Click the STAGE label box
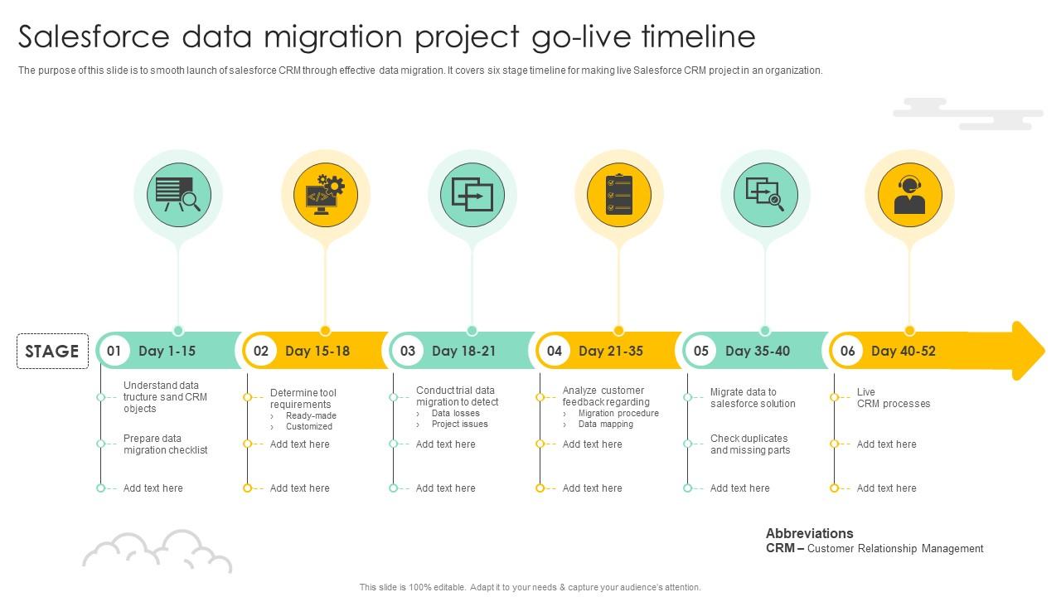click(x=52, y=351)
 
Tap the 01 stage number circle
click(x=114, y=351)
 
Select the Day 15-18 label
click(x=317, y=351)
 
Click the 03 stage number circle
click(x=407, y=351)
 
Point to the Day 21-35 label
click(x=611, y=351)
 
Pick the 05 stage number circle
click(x=701, y=351)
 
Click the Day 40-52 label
click(x=904, y=351)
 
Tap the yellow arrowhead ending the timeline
click(x=1028, y=351)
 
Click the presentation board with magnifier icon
click(x=178, y=195)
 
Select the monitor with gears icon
click(x=326, y=195)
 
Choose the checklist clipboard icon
click(x=619, y=195)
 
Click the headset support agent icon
click(x=909, y=195)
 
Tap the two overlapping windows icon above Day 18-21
click(x=472, y=195)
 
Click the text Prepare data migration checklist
click(x=165, y=444)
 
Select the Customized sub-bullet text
click(x=309, y=426)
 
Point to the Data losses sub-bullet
click(x=456, y=413)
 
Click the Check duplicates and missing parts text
click(x=750, y=444)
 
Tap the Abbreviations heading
click(x=810, y=533)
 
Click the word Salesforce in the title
click(x=94, y=36)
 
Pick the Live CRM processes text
click(x=894, y=397)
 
